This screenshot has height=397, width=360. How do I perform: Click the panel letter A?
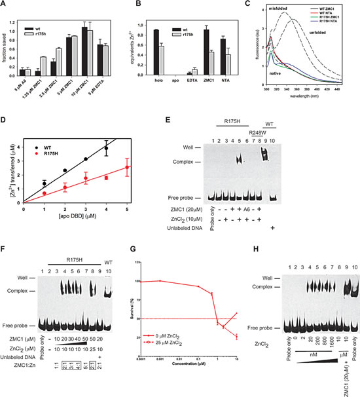pos(5,5)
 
